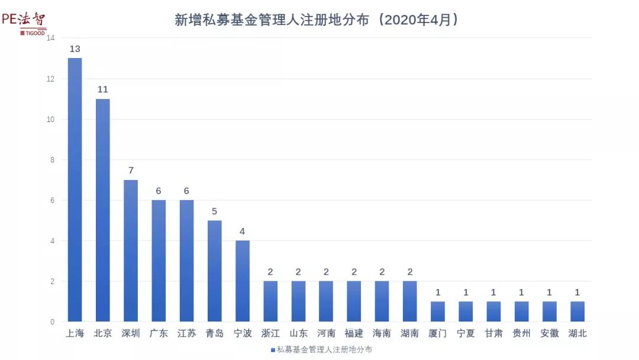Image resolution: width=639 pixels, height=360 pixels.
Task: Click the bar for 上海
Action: pos(75,189)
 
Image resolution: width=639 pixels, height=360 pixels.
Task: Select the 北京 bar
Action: pos(103,210)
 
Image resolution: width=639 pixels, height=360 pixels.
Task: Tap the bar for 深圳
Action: pos(131,250)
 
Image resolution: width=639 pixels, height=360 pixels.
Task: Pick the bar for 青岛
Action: pos(214,271)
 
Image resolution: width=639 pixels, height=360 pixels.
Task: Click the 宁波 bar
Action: pos(243,281)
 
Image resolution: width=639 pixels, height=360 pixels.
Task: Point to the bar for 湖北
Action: pos(577,311)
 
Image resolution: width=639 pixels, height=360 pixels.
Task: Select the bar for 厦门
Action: pos(438,311)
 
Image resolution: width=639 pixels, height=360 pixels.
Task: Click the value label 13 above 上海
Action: pos(75,49)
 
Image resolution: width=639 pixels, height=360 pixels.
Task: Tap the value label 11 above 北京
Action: pos(103,89)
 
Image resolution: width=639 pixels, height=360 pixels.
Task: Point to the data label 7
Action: pos(131,171)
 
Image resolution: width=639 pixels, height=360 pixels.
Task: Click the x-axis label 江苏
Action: pos(186,333)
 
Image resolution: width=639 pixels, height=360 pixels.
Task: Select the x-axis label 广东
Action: pos(159,333)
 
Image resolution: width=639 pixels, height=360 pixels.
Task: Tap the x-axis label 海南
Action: pos(382,333)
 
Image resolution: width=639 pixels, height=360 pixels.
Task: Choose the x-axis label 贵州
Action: pos(521,333)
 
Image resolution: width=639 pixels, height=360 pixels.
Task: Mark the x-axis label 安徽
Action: pos(550,333)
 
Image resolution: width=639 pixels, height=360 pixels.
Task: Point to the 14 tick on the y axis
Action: pos(50,38)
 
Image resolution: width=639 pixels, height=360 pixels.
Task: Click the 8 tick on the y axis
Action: pos(52,160)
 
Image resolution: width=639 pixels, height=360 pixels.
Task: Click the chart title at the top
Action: pos(317,20)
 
